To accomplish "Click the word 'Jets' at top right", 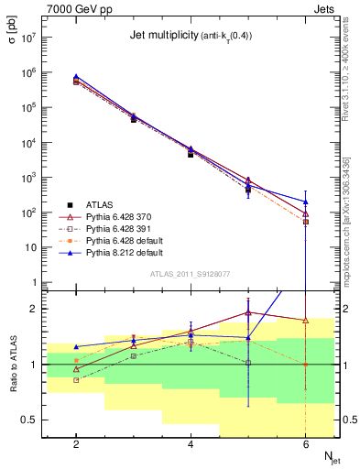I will (324, 8).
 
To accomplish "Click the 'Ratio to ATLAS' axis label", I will (14, 365).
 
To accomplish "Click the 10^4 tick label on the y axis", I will (28, 143).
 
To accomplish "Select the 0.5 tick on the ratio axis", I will (27, 420).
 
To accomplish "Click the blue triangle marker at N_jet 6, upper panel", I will (305, 202).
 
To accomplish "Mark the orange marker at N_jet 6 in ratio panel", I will (305, 365).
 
